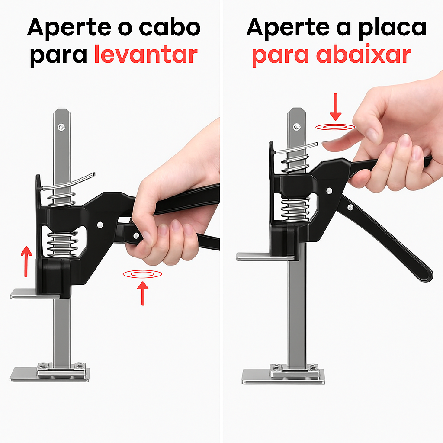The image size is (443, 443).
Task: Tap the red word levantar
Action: pos(146,55)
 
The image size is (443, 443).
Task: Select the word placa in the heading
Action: pos(388,28)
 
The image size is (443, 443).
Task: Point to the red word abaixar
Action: pos(363,55)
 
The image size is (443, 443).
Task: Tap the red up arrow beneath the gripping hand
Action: pos(142,292)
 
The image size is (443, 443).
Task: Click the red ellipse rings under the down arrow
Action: pos(335,127)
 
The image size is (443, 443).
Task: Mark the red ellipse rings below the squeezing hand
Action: pos(142,273)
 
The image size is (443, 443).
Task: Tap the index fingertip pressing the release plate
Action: pos(329,146)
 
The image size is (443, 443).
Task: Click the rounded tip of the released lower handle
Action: pos(427,275)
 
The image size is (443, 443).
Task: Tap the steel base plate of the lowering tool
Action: pos(283,376)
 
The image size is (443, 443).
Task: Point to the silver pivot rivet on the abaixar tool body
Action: pos(330,190)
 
